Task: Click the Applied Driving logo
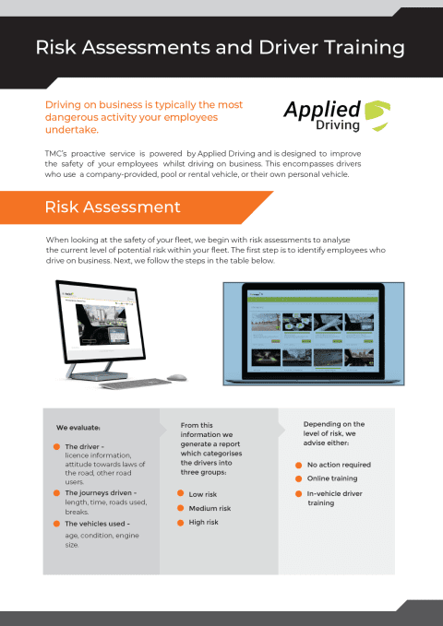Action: tap(336, 116)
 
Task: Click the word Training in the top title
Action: tap(356, 47)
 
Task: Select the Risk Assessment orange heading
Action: tap(113, 207)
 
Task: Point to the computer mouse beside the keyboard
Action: tap(176, 376)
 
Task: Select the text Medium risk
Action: tap(210, 508)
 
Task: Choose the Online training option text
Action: tap(332, 478)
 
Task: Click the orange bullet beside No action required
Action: tap(298, 465)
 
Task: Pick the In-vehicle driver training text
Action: tap(335, 498)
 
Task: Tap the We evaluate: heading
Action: tap(78, 428)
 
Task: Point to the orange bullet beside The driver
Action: tap(56, 446)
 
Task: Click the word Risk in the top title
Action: tap(57, 47)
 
